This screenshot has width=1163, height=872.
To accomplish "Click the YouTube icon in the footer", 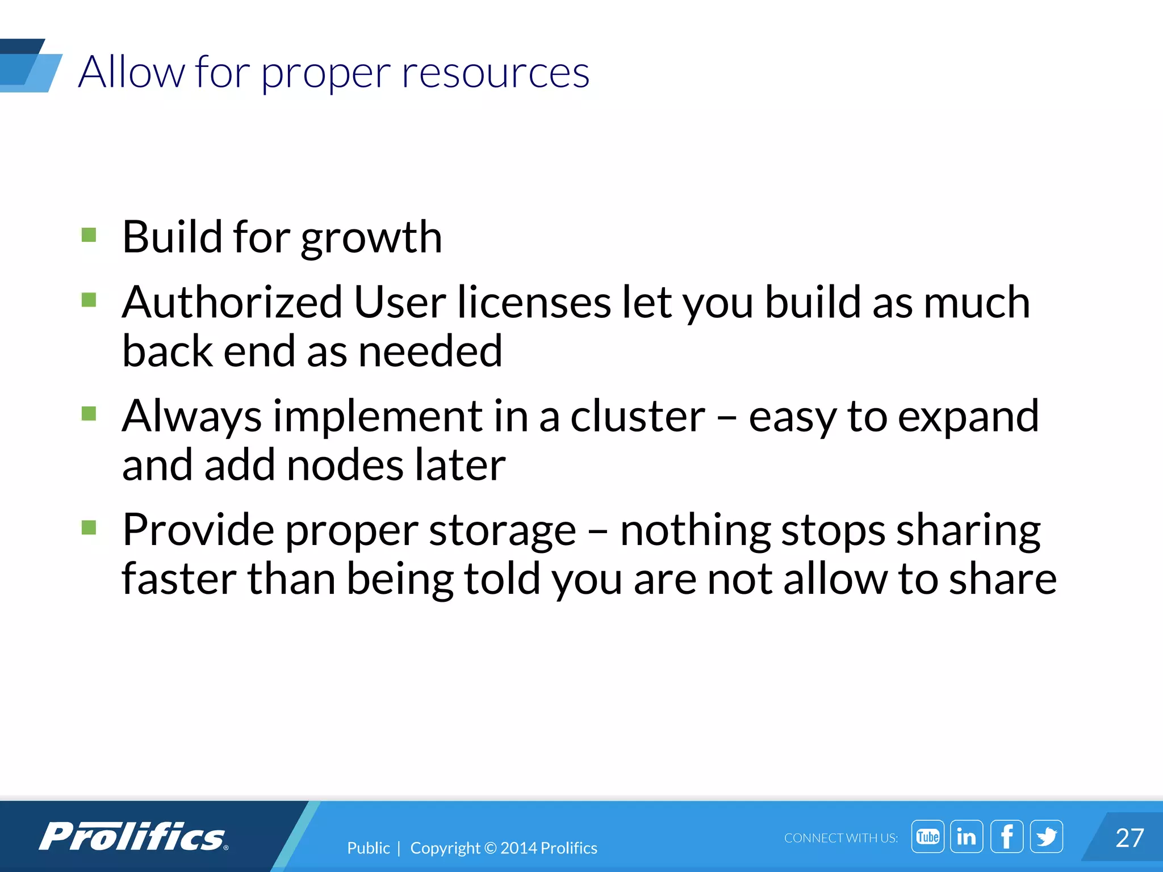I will click(x=927, y=836).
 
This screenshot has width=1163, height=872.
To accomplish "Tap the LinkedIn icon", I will click(x=967, y=836).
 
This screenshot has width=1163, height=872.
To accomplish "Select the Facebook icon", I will click(x=1006, y=836).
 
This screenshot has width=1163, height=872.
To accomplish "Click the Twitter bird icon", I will click(x=1046, y=836).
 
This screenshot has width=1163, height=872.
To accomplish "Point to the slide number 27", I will click(x=1129, y=838).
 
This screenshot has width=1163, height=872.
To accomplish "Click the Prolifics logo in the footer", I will click(x=133, y=837).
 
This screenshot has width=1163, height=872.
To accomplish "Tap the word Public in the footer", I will click(x=369, y=848).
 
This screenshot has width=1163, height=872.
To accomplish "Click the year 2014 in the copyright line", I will click(x=518, y=848).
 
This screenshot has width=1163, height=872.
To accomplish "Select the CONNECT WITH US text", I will click(x=840, y=838).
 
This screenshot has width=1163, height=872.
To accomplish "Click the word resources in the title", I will click(x=496, y=73).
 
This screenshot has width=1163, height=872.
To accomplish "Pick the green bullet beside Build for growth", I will click(x=89, y=235).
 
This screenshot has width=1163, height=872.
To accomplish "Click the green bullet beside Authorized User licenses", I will click(x=89, y=300).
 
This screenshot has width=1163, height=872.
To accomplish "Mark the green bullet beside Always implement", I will click(x=89, y=413).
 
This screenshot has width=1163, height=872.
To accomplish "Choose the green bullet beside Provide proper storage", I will click(x=89, y=528).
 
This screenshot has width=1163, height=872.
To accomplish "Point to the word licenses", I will click(x=534, y=302).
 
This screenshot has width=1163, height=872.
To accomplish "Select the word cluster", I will click(x=638, y=416).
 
